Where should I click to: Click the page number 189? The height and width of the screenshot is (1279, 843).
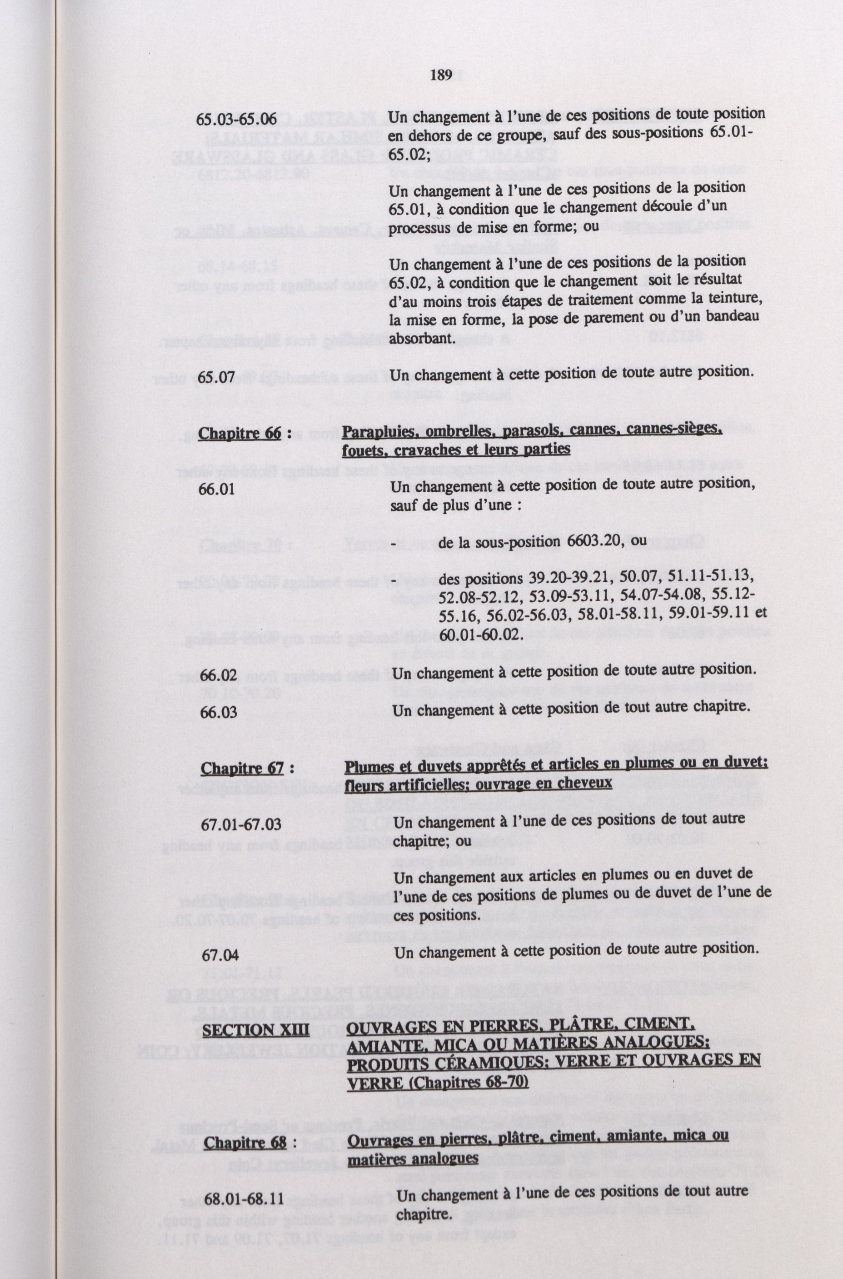pyautogui.click(x=441, y=76)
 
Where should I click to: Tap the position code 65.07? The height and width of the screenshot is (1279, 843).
pyautogui.click(x=217, y=377)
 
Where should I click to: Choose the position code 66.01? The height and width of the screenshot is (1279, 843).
pyautogui.click(x=217, y=489)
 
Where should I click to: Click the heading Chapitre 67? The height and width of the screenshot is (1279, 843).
pyautogui.click(x=242, y=768)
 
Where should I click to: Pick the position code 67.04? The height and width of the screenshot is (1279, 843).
pyautogui.click(x=220, y=954)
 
